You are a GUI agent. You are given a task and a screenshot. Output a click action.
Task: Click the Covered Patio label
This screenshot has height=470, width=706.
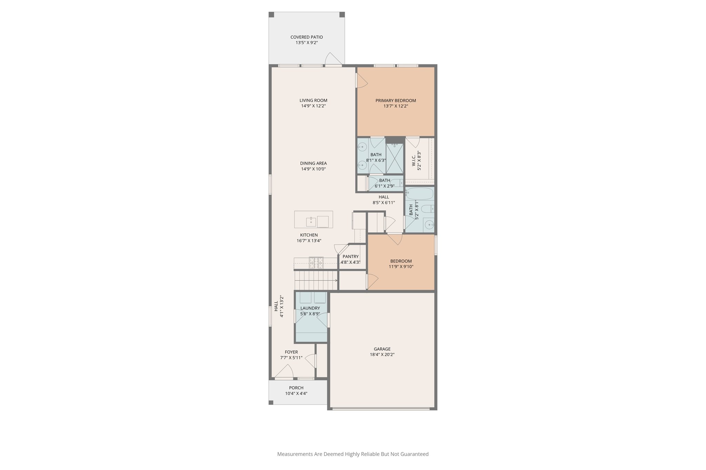click(306, 37)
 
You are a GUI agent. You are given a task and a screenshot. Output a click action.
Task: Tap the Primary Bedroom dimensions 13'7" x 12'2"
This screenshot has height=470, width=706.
click(396, 106)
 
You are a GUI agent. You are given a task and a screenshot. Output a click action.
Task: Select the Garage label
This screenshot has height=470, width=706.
click(382, 349)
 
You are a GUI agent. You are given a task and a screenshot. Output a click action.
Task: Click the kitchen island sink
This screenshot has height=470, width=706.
click(311, 222)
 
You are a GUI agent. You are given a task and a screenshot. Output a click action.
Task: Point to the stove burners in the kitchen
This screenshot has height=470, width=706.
click(316, 263)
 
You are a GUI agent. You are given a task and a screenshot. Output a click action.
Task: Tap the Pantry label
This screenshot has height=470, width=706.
click(351, 257)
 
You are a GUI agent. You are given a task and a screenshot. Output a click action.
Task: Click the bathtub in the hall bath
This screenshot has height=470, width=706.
click(420, 194)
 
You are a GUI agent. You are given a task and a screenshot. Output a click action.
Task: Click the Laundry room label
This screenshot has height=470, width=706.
click(310, 308)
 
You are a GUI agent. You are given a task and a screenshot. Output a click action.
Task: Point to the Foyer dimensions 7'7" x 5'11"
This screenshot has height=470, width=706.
click(291, 358)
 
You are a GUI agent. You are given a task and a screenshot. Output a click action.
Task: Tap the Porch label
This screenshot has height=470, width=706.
click(296, 388)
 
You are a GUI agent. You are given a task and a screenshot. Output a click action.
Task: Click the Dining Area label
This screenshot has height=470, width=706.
click(313, 163)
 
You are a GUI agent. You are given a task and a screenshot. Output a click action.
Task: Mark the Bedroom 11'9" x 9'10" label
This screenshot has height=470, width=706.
click(401, 261)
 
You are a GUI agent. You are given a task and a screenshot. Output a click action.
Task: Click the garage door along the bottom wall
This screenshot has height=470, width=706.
click(381, 409)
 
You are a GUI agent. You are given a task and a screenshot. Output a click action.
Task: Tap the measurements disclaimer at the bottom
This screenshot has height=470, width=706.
click(353, 454)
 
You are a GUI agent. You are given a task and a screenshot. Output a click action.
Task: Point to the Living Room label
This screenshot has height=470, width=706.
click(313, 101)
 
